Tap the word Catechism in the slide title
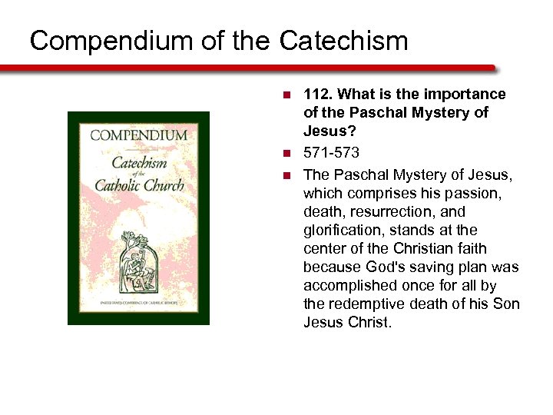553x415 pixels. point(343,41)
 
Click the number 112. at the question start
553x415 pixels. point(318,95)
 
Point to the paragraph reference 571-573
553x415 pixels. point(331,153)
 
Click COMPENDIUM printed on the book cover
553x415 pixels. point(139,135)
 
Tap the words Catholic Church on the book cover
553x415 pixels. point(139,185)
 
